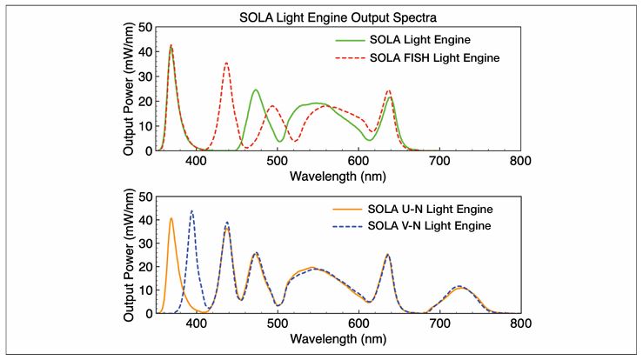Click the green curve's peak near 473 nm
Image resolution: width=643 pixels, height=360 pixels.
pos(256,90)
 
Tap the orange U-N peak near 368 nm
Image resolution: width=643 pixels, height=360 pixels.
pos(171,218)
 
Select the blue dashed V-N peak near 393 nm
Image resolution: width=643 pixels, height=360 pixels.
pos(191,211)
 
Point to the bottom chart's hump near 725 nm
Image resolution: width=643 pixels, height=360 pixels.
pos(460,286)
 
